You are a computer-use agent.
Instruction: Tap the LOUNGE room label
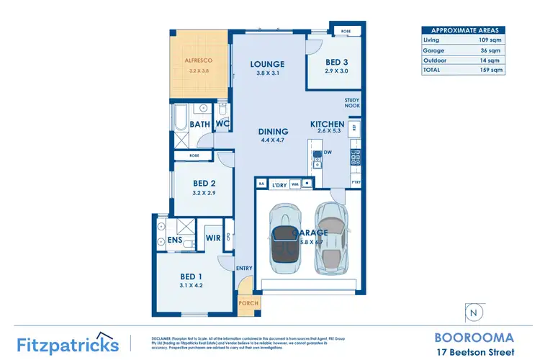point(267,64)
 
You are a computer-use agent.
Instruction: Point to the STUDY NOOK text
point(352,102)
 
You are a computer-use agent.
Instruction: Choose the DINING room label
point(273,131)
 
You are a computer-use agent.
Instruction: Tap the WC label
point(222,125)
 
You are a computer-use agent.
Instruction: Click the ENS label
point(175,240)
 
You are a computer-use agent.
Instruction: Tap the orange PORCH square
point(248,304)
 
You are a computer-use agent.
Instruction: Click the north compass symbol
point(473,312)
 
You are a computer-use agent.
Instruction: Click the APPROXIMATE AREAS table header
point(462,31)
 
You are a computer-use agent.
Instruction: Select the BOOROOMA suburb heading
point(474,337)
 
